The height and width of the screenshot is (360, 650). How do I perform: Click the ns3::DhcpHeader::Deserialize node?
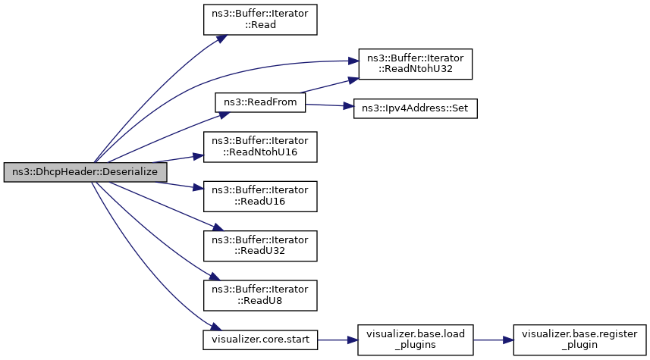tap(86, 172)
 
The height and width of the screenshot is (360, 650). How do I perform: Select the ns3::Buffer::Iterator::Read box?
tap(260, 20)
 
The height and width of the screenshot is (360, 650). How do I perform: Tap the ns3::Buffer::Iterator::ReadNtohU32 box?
tap(416, 64)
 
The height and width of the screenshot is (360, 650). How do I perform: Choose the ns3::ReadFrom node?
tap(260, 102)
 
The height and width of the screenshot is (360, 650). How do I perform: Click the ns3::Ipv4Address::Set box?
tap(416, 108)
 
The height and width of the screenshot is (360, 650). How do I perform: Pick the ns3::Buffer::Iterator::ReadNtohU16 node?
tap(260, 146)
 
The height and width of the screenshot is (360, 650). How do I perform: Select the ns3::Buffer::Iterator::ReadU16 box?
tap(260, 196)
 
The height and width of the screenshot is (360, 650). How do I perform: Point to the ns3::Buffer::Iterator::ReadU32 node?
tap(260, 246)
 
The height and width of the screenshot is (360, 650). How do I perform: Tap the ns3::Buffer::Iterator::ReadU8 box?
tap(260, 296)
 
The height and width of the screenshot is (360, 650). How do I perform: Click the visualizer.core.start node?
tap(260, 340)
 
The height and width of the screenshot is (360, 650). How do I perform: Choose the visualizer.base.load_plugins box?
tap(416, 340)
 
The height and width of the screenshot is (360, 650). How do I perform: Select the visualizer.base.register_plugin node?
tap(579, 340)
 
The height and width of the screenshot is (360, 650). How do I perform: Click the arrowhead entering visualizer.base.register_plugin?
tap(508, 340)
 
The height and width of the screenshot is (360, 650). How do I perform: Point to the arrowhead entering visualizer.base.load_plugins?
tap(353, 340)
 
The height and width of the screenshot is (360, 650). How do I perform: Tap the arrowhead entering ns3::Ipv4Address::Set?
tap(349, 106)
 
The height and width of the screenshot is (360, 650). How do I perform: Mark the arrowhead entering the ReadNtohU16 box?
tap(199, 156)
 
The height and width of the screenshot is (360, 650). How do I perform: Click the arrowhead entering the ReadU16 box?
tap(199, 188)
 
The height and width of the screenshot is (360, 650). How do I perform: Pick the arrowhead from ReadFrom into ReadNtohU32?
tap(353, 80)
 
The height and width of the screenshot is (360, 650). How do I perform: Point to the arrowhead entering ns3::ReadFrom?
tap(225, 114)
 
